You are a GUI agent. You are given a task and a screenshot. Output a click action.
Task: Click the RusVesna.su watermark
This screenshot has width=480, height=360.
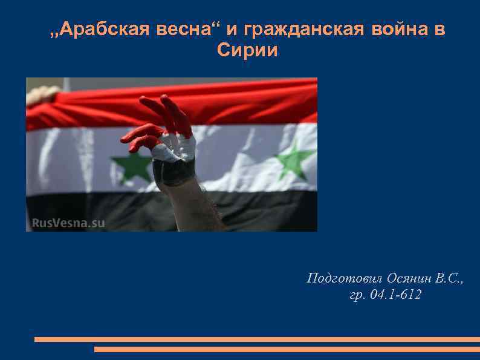tap(68, 223)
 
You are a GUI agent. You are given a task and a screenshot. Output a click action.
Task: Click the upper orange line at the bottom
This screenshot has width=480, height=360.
tap(257, 339)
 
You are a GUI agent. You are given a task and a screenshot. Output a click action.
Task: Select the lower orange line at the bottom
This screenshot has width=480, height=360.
tap(287, 349)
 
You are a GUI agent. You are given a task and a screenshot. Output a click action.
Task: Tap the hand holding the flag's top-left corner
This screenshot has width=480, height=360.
tap(42, 94)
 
